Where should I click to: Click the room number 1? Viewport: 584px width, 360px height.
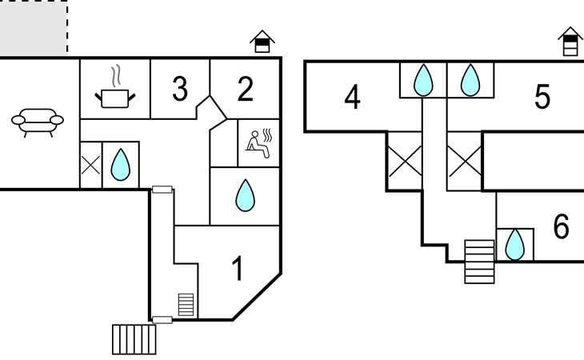pyautogui.click(x=237, y=269)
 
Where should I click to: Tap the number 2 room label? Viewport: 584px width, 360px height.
pyautogui.click(x=245, y=89)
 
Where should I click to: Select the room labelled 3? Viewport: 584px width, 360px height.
pyautogui.click(x=180, y=89)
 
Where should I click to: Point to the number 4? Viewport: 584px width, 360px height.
pyautogui.click(x=352, y=98)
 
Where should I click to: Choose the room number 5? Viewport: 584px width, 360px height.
pyautogui.click(x=542, y=98)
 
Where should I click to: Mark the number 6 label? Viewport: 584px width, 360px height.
pyautogui.click(x=561, y=227)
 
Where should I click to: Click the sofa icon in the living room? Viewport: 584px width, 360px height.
pyautogui.click(x=37, y=122)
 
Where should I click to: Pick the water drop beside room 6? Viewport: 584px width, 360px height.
pyautogui.click(x=516, y=245)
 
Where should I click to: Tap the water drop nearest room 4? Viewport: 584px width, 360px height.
pyautogui.click(x=422, y=80)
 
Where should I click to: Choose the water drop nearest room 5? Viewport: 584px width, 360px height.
pyautogui.click(x=470, y=80)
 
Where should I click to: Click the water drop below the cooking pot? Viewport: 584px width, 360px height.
pyautogui.click(x=120, y=165)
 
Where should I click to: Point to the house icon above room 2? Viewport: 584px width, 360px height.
pyautogui.click(x=262, y=42)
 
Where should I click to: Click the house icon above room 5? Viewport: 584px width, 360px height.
pyautogui.click(x=569, y=42)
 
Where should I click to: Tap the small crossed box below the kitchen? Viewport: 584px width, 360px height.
pyautogui.click(x=90, y=165)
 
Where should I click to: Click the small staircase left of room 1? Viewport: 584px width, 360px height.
pyautogui.click(x=186, y=305)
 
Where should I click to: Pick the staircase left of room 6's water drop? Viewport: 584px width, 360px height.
pyautogui.click(x=480, y=262)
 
